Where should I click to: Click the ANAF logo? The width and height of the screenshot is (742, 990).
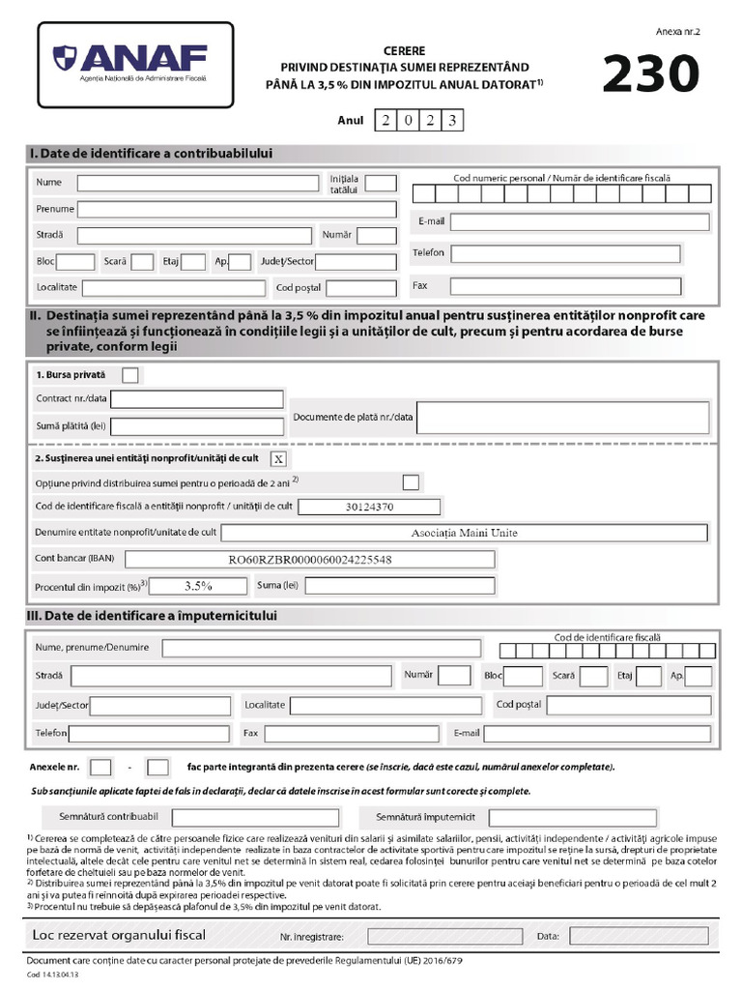coord(135,63)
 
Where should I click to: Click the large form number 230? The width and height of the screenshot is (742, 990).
coord(649,74)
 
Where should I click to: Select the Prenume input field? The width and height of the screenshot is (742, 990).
coord(237,209)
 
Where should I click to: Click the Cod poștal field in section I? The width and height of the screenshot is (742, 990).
coord(361,288)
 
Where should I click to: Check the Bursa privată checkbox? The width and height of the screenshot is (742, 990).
coord(130,374)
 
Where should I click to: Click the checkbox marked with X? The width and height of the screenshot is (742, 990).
coord(278,458)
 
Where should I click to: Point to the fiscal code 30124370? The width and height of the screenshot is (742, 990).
coord(369,507)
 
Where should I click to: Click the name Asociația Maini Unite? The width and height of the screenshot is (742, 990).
coord(464,533)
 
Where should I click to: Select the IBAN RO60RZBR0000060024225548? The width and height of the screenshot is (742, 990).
coord(310,559)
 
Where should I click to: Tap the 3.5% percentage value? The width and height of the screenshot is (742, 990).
coord(198,585)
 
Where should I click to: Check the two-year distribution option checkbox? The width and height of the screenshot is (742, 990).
coord(411,481)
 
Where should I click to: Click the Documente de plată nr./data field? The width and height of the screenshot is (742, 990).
coord(562,418)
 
